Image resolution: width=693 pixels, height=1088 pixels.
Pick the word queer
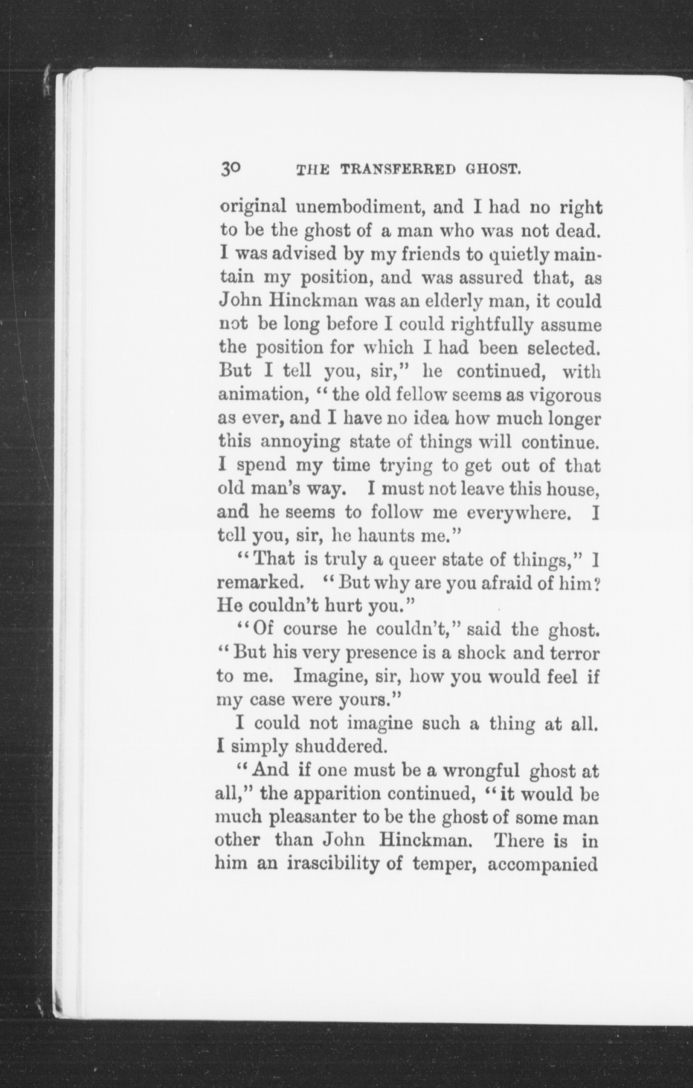point(410,561)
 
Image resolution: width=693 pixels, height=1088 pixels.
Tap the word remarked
point(259,583)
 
